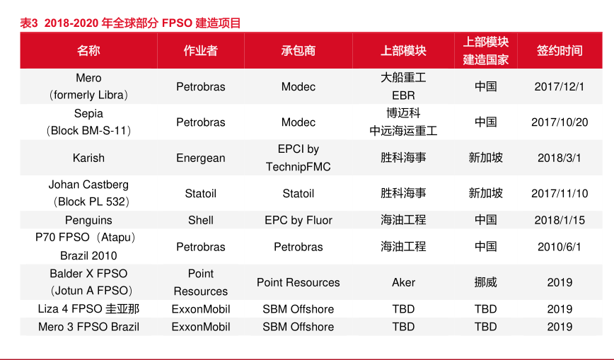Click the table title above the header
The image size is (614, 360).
130,23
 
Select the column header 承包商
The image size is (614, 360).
299,50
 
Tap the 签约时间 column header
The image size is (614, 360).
560,50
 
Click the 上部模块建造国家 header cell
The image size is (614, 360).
485,50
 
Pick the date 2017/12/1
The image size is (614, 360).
560,86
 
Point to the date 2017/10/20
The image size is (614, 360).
560,122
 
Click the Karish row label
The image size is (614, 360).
88,158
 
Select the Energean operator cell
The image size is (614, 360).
200,158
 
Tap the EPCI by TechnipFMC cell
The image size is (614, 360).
299,158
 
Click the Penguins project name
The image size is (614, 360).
88,220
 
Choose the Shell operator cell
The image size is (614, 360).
200,220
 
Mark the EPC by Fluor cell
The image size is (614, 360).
299,220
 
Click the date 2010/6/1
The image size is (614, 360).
560,247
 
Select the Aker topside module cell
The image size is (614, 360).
403,282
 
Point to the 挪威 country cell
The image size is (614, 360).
485,282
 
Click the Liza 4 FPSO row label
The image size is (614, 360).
88,309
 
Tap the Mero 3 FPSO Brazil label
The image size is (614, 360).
88,327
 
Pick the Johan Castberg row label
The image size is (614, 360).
88,193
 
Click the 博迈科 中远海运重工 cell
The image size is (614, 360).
403,122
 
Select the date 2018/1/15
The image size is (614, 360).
560,220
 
